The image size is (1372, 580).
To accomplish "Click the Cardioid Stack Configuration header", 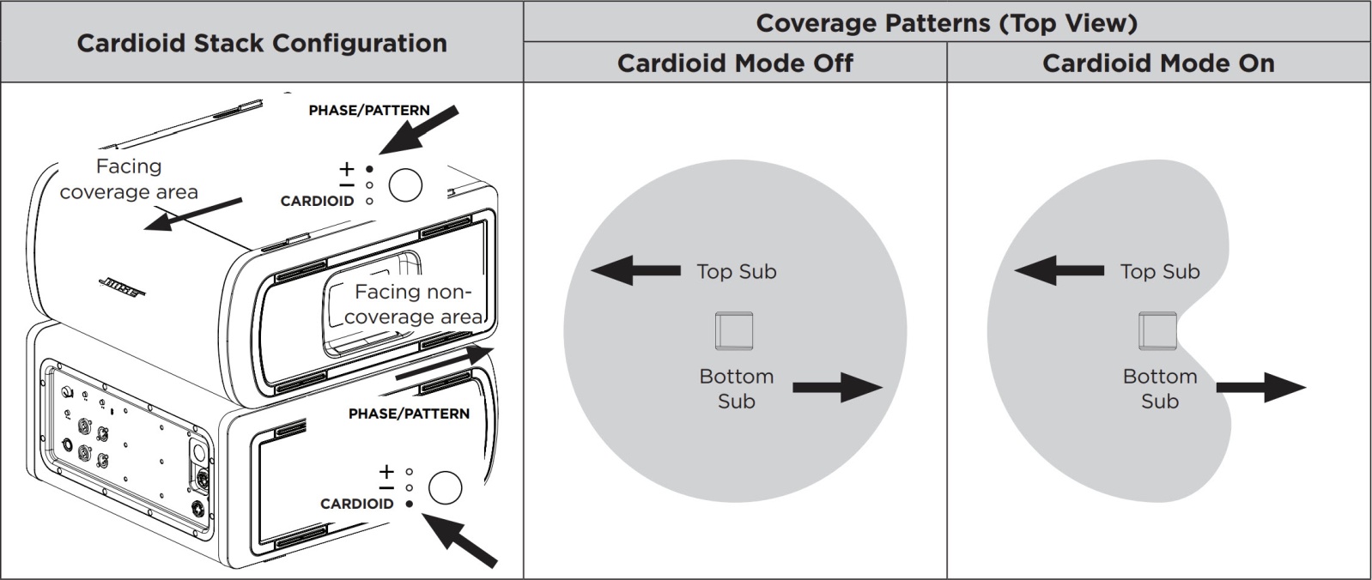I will tap(262, 43).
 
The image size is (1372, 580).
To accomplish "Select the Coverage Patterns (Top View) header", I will tap(946, 22).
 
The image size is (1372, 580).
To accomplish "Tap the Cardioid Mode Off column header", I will tap(735, 63).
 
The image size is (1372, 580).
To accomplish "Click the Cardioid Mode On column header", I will tap(1157, 63).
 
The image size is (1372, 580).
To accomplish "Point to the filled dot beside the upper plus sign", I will tap(369, 169).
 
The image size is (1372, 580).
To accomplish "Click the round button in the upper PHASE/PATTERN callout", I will tap(405, 184).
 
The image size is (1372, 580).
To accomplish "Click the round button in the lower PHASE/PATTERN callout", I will tap(445, 487).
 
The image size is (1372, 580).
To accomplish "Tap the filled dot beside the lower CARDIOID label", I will tap(409, 504).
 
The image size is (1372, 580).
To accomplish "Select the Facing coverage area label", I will tap(129, 179).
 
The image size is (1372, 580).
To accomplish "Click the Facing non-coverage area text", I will tap(414, 305).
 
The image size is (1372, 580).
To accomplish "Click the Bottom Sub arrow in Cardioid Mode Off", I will tap(837, 387).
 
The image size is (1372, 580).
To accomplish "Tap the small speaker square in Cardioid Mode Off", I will tap(734, 331).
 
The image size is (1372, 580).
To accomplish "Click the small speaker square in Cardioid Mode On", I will tap(1157, 331).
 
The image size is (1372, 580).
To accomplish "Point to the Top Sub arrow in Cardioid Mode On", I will tap(1058, 271).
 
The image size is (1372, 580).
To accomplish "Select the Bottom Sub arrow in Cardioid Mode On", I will tap(1260, 387).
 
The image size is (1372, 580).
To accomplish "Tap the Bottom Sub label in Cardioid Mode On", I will tap(1159, 389).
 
